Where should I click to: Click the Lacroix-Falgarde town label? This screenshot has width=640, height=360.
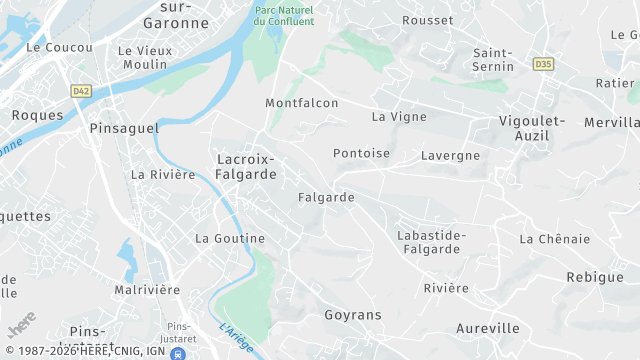pos(245,166)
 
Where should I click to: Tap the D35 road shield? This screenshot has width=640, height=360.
pos(543,64)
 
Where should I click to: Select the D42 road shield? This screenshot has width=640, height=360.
pos(81,91)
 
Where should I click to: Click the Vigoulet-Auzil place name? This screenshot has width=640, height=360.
pos(532,129)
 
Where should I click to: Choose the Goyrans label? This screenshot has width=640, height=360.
pos(353,315)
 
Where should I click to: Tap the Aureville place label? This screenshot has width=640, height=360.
pos(487,328)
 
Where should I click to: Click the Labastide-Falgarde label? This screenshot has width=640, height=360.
pos(431,242)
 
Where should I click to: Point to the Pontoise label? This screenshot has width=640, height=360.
pos(361,154)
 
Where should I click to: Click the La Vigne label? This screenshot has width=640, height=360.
pos(399,116)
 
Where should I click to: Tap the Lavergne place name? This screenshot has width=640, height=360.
pos(450,155)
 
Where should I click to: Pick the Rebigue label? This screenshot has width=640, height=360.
pos(594,277)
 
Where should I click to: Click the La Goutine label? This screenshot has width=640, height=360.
pos(230,238)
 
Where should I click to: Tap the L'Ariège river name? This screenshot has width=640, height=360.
pos(235,337)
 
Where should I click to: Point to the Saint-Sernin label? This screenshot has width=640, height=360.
pos(493,60)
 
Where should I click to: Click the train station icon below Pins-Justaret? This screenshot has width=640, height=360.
pos(178,353)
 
